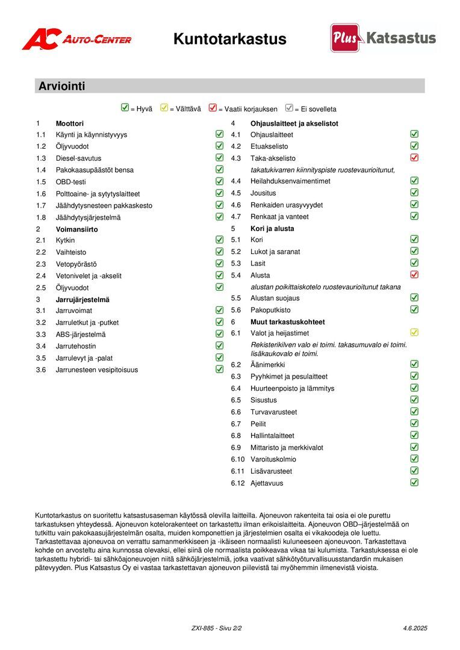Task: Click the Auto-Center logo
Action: (76, 39)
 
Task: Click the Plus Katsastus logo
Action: (383, 38)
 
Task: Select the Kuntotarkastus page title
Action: (229, 39)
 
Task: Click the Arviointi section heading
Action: (62, 86)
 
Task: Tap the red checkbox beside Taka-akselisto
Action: (414, 158)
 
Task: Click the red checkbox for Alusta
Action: (414, 274)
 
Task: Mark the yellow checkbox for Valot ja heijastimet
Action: (414, 332)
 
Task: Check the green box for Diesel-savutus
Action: (220, 158)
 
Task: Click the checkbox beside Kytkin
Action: (220, 240)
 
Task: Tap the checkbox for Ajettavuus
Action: (414, 482)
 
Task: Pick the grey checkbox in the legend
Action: (289, 108)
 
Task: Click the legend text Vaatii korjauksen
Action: (247, 110)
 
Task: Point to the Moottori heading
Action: (70, 123)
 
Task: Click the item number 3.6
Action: (41, 370)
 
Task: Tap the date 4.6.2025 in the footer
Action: (415, 628)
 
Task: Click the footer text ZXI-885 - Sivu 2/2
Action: (216, 628)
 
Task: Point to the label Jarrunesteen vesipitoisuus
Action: (96, 370)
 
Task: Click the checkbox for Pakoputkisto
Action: (414, 309)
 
